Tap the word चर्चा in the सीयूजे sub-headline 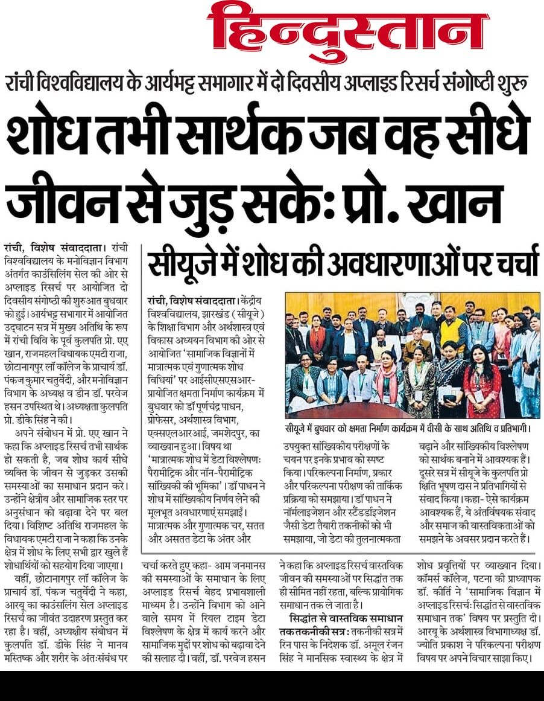(507, 264)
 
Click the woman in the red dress (481, 380)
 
